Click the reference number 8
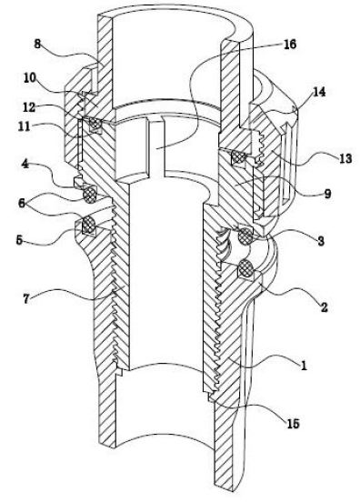coord(37,45)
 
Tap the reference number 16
coord(290,45)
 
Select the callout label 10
coord(30,78)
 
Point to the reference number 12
coord(29,107)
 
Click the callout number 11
coord(24,126)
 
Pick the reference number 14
coord(319,92)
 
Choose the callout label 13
coord(345,158)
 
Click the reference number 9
coord(327,194)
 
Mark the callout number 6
coord(22,204)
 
